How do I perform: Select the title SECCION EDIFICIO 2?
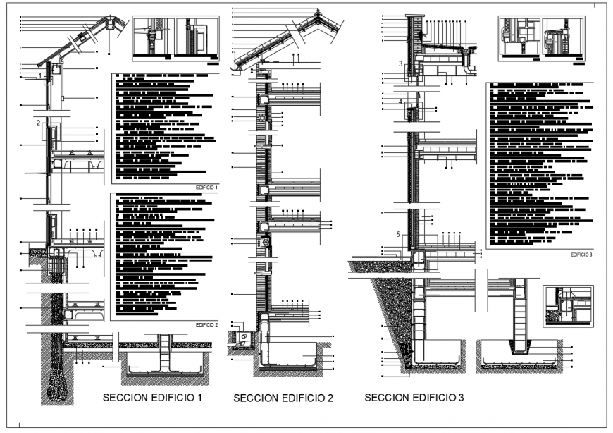click(x=283, y=399)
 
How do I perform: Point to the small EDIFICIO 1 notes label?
click(x=206, y=188)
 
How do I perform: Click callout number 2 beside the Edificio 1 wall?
click(x=38, y=123)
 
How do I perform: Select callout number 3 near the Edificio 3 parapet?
click(x=400, y=64)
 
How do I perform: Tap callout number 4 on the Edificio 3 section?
click(x=400, y=102)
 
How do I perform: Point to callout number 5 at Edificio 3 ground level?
click(x=398, y=234)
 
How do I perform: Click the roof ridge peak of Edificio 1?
click(x=108, y=19)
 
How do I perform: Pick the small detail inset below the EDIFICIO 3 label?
click(x=568, y=305)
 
